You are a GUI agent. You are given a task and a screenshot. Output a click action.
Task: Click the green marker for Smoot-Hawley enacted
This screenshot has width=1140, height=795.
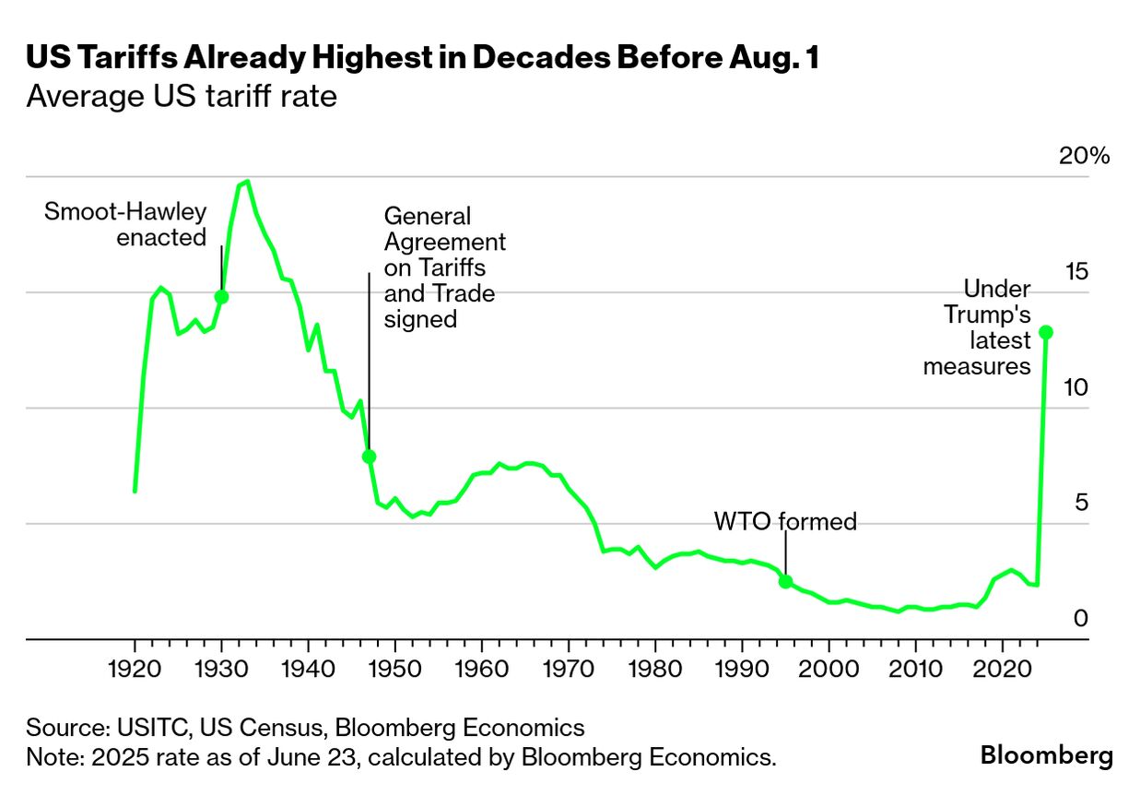pos(221,297)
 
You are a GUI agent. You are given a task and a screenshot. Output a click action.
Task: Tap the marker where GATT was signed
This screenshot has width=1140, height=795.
pos(369,457)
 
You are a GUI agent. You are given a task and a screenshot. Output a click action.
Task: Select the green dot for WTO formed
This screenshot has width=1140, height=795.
pos(785,581)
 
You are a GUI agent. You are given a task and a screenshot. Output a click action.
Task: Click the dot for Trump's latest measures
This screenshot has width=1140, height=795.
pos(1045,332)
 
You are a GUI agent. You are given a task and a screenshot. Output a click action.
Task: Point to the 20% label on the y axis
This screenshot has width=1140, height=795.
pos(1084,156)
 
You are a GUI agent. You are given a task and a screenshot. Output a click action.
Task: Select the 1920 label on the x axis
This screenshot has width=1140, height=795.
pos(135,666)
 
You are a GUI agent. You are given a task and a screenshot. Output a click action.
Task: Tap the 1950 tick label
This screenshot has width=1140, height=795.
pos(394,666)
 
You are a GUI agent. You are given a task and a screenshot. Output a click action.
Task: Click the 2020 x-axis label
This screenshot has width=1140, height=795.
pos(1002,666)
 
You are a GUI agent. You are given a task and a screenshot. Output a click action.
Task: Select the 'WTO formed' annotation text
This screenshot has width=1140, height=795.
pos(785,522)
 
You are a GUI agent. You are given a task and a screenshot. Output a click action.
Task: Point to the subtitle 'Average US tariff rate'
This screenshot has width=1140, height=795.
pos(182,96)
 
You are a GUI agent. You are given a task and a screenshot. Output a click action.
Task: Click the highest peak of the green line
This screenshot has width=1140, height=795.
pos(246,182)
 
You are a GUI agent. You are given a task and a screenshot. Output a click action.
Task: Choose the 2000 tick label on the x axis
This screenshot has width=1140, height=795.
pos(829,666)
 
